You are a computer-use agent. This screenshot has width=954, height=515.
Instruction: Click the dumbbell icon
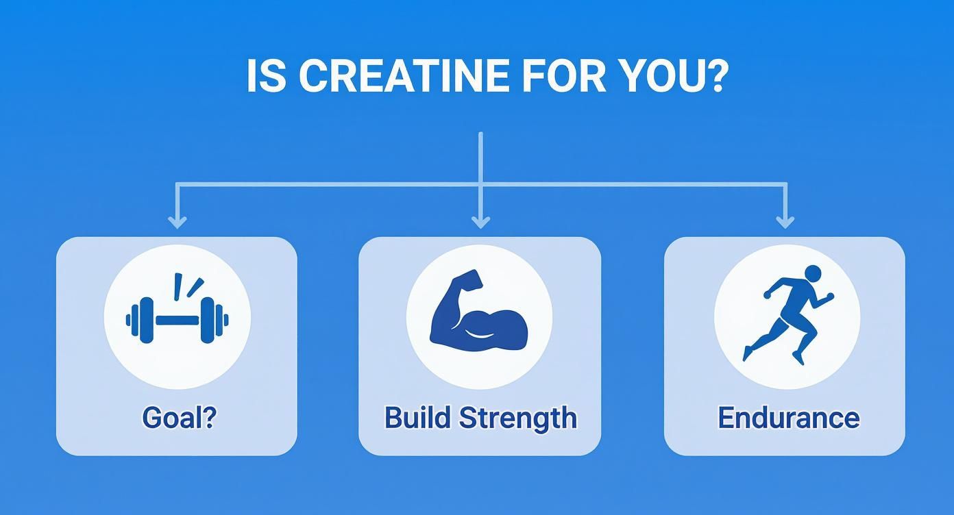177,318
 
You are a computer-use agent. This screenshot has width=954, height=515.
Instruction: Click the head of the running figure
812,274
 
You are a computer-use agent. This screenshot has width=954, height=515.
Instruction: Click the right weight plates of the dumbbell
213,320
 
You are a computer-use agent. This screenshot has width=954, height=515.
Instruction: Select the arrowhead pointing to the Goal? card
178,221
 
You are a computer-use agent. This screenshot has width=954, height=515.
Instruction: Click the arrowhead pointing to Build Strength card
480,221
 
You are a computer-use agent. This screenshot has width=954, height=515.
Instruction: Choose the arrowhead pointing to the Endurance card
785,221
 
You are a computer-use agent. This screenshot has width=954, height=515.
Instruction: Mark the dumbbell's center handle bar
178,320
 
